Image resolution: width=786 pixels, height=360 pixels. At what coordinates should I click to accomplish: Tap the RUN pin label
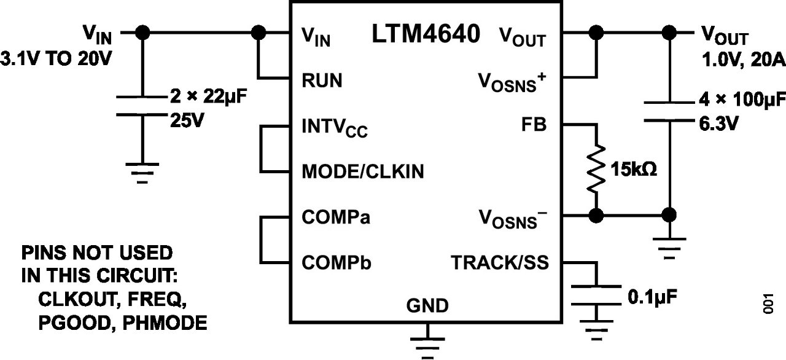[322, 80]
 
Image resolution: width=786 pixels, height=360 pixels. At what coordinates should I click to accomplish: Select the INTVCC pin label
[335, 129]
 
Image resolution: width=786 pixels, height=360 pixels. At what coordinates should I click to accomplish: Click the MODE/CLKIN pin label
[362, 171]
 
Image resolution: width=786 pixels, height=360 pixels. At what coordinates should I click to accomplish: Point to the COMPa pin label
[336, 217]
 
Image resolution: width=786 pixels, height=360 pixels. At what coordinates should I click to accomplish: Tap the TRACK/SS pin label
[500, 263]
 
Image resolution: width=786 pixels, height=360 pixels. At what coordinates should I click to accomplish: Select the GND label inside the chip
[427, 305]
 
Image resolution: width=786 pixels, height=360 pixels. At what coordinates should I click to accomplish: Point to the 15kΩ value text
[632, 168]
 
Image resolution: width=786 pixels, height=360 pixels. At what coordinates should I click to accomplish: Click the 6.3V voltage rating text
[718, 123]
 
